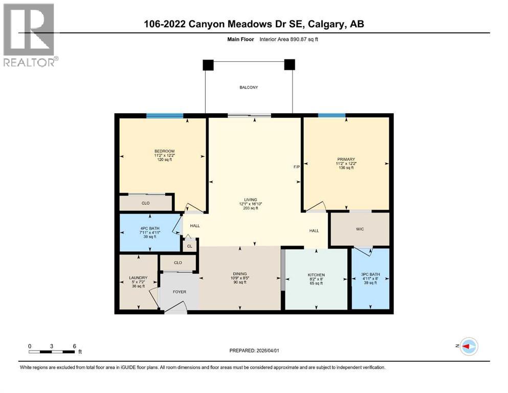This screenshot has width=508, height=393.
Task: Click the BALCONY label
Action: tap(249, 88)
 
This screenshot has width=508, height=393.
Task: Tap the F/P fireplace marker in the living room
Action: tap(296, 167)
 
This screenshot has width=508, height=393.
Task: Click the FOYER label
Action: tap(179, 292)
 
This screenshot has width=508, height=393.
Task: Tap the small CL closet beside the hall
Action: tap(189, 246)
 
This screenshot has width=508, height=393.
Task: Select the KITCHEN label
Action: tap(316, 275)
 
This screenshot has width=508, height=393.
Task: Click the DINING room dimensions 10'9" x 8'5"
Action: tap(239, 278)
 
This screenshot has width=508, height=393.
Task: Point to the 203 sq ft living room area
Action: tap(250, 209)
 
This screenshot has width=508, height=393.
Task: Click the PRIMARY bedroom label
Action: tap(346, 159)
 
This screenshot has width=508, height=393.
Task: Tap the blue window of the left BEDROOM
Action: tap(165, 116)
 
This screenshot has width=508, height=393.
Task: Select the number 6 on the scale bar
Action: tap(75, 346)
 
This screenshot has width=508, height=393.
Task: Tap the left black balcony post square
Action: tap(208, 64)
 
